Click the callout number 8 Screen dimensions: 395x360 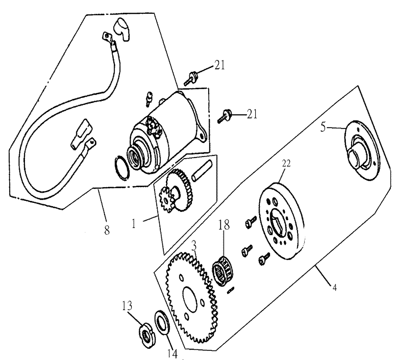click(107, 230)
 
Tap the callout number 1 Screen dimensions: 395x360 click(134, 223)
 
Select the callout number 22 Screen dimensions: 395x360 click(286, 164)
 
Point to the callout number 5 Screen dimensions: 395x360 click(323, 127)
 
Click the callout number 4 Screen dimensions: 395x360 click(334, 287)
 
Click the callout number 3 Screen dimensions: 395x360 click(194, 246)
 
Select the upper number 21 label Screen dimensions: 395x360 click(219, 66)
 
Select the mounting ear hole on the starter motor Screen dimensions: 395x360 click(201, 135)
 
